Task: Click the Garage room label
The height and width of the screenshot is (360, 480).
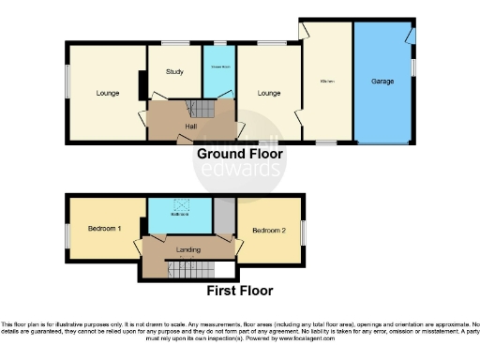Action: coord(382,82)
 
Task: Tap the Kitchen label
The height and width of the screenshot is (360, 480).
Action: coord(327,82)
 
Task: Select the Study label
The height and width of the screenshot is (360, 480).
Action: coord(174,71)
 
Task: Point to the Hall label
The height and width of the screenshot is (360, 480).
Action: coord(190,125)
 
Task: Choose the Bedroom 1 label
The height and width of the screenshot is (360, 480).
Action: coord(104,229)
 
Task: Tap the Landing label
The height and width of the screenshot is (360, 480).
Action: coord(188,249)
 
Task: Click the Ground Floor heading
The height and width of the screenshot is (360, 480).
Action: coord(239,153)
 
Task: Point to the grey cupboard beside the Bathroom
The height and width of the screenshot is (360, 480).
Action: coord(223,215)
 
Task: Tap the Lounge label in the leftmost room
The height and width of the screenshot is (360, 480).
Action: coord(107,93)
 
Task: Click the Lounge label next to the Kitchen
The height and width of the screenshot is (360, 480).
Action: coord(269,93)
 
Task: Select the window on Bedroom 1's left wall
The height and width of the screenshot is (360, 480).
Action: coord(66,230)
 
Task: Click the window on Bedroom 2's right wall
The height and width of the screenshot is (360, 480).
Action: coord(303,230)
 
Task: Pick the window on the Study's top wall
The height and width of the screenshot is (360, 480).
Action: coord(174,42)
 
